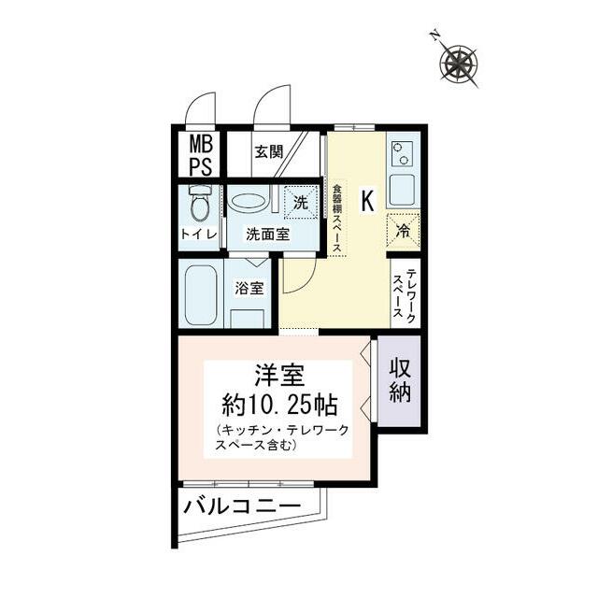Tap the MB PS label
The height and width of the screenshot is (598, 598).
(x=201, y=155)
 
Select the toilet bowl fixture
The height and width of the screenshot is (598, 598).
(x=199, y=203)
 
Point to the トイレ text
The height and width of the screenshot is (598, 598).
(x=199, y=234)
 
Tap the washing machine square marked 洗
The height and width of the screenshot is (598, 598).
(x=299, y=201)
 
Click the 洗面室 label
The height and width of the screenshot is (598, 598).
(x=267, y=234)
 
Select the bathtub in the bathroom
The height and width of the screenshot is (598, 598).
(x=199, y=294)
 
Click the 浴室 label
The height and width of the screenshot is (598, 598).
(x=249, y=288)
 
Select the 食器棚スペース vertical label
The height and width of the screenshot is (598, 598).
(x=337, y=216)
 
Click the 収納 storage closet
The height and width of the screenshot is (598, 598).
(x=401, y=380)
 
